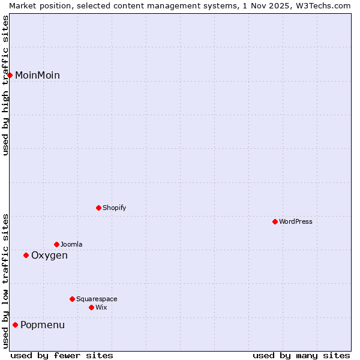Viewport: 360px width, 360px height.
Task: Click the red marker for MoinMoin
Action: click(x=10, y=75)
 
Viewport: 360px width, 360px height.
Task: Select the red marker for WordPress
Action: click(x=275, y=221)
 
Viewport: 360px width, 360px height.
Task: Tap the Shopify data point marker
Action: click(x=98, y=208)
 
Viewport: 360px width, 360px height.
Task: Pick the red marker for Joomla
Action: click(x=56, y=244)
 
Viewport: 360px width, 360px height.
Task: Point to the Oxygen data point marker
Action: click(x=26, y=255)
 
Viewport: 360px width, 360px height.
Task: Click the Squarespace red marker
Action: click(x=72, y=299)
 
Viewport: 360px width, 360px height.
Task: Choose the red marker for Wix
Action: click(x=91, y=307)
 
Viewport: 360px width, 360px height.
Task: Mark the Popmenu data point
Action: click(x=15, y=325)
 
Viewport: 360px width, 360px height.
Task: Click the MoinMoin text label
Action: click(x=37, y=76)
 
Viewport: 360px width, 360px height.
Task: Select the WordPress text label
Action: click(x=296, y=221)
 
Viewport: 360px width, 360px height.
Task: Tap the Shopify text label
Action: click(x=114, y=208)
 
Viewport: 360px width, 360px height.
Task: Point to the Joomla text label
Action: click(x=71, y=244)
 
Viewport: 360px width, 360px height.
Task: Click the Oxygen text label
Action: click(x=49, y=256)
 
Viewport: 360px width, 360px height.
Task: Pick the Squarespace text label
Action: click(x=97, y=299)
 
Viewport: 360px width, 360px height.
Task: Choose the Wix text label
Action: click(x=101, y=307)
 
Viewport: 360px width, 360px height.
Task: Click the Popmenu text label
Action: click(x=43, y=325)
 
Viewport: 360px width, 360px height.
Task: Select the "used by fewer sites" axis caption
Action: click(x=62, y=355)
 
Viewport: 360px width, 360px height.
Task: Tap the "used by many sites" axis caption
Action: click(x=301, y=355)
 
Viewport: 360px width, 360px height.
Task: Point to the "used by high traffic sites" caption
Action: click(x=5, y=85)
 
